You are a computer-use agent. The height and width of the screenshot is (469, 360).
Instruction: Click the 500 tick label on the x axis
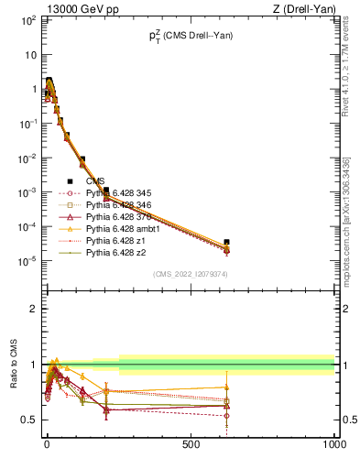(x=191, y=444)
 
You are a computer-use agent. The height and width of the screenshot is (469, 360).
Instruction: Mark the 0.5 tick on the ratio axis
(x=28, y=420)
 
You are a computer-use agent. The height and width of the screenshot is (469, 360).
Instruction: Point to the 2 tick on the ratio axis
(x=33, y=309)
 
